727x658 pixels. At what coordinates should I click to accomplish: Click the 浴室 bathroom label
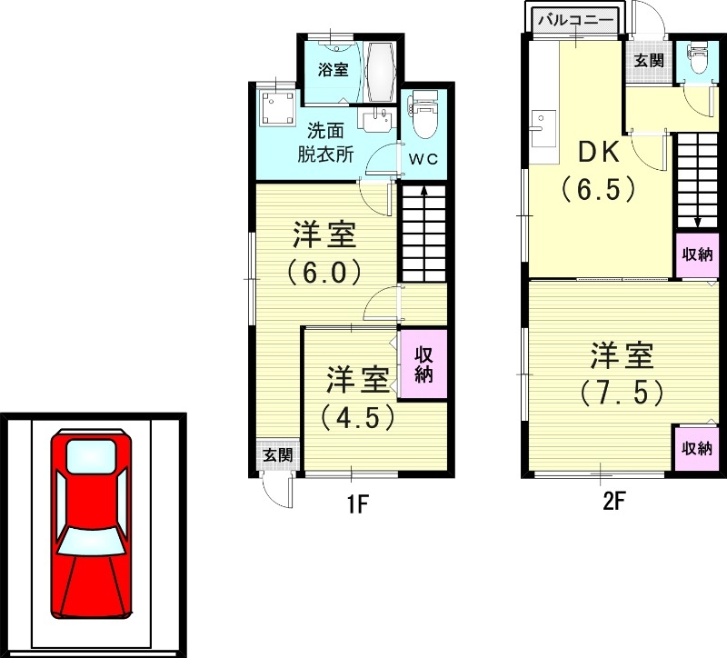coord(333,69)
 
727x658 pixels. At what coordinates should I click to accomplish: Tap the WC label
coord(423,158)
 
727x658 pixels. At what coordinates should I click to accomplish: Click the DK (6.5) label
coord(596,171)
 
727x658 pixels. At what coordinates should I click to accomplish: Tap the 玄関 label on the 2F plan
coord(649,61)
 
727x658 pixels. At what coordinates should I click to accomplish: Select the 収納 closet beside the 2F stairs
coord(698,254)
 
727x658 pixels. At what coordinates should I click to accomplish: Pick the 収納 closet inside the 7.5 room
coord(698,448)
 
